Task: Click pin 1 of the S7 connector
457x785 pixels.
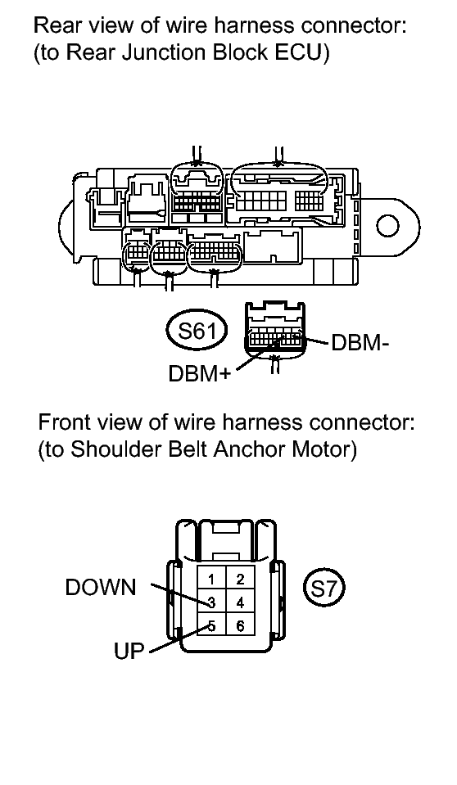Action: (x=211, y=580)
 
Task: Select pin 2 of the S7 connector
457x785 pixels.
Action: (x=239, y=580)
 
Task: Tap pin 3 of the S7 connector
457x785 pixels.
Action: (x=211, y=602)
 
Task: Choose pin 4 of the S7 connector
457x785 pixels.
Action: (x=239, y=602)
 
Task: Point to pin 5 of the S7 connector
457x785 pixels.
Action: (x=211, y=626)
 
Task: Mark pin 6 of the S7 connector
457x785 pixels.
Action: (x=239, y=626)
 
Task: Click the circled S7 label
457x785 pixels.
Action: (x=324, y=589)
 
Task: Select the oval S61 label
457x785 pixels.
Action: (x=197, y=331)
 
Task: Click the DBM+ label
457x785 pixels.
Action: (x=199, y=373)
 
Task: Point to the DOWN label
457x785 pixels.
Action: (x=101, y=587)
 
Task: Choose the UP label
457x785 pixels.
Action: (x=129, y=651)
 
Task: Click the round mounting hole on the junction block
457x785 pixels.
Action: (x=387, y=226)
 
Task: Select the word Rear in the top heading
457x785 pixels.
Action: (x=53, y=25)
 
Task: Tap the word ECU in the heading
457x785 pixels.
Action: (x=299, y=52)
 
